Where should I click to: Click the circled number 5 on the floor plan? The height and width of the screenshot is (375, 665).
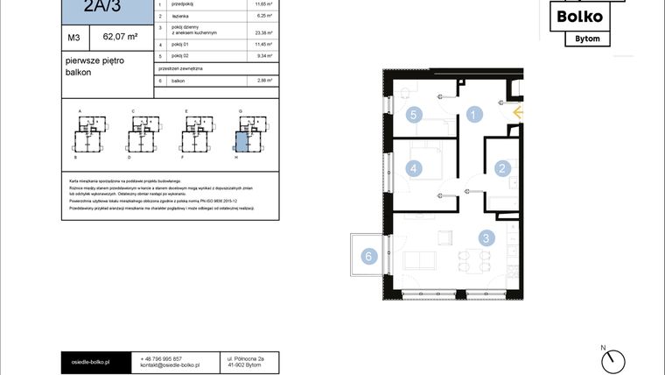pyautogui.click(x=416, y=114)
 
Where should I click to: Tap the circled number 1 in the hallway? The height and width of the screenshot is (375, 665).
pyautogui.click(x=473, y=114)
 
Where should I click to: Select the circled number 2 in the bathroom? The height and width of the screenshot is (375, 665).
pyautogui.click(x=502, y=169)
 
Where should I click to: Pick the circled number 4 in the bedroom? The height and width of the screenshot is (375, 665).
pyautogui.click(x=416, y=168)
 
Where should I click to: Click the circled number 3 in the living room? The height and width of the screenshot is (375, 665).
pyautogui.click(x=486, y=237)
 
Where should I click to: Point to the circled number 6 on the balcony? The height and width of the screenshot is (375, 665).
pyautogui.click(x=369, y=256)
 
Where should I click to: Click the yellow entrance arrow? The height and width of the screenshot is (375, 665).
pyautogui.click(x=517, y=112)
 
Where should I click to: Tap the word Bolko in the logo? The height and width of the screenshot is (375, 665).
pyautogui.click(x=580, y=15)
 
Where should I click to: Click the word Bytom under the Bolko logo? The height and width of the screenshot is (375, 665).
pyautogui.click(x=581, y=38)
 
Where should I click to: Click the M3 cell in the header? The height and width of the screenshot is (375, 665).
pyautogui.click(x=74, y=38)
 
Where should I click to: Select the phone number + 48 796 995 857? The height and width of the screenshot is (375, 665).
pyautogui.click(x=161, y=358)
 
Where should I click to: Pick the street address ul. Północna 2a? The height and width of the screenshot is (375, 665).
pyautogui.click(x=245, y=358)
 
